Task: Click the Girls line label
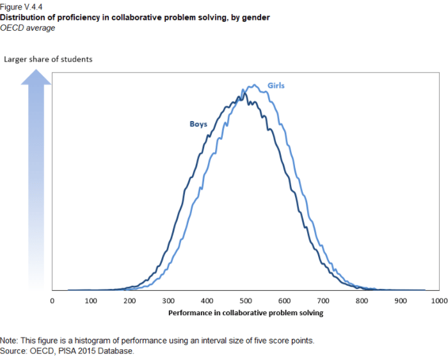[x=276, y=85]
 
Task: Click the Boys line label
[x=198, y=124]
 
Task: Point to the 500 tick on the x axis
[x=245, y=300]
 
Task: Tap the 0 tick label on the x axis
[x=52, y=300]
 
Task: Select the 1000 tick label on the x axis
[x=439, y=300]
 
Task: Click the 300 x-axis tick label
[x=168, y=300]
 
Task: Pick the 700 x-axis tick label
[x=323, y=300]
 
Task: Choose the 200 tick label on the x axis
[x=129, y=300]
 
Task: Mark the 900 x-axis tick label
[x=400, y=300]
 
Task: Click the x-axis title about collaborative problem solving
[x=246, y=313]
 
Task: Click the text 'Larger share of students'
[x=49, y=60]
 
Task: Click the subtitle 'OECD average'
[x=28, y=28]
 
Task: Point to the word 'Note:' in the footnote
[x=10, y=340]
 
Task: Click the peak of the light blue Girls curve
[x=254, y=85]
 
